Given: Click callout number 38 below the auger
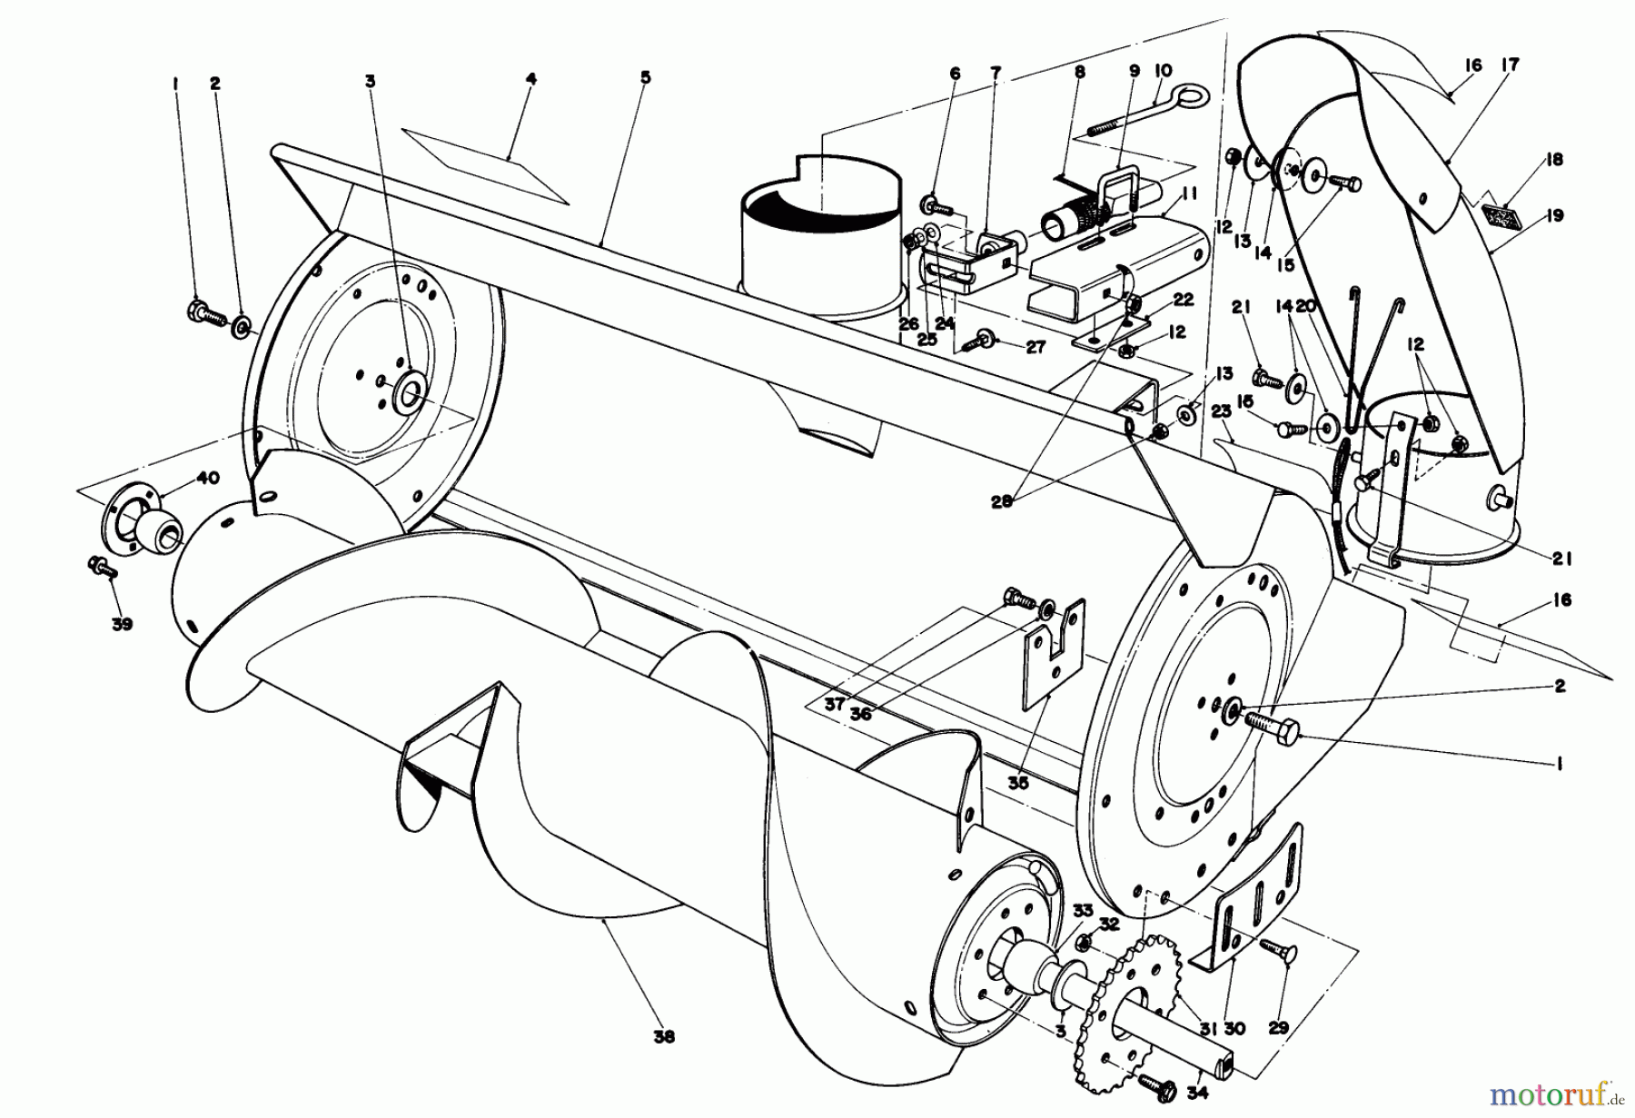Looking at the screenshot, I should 664,1036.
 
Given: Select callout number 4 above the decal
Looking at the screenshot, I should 530,80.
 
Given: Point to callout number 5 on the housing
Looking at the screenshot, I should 645,78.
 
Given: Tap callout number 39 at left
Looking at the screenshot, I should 122,625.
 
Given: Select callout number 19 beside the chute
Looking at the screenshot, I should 1554,215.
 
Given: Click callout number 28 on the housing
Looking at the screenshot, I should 1002,501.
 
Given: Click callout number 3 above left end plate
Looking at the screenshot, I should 370,81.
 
